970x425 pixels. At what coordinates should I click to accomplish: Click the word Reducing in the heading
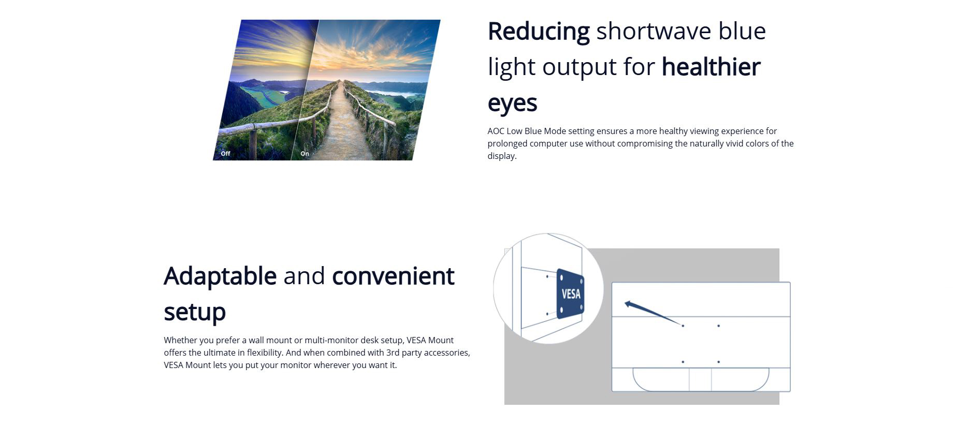(x=539, y=32)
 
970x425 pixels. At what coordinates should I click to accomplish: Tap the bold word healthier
(x=711, y=67)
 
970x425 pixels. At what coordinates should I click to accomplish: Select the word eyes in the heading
(x=512, y=104)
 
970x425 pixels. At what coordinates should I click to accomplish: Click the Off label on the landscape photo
(x=225, y=154)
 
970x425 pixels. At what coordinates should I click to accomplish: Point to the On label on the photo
(x=305, y=154)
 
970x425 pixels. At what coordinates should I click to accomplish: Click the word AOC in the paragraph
(x=496, y=131)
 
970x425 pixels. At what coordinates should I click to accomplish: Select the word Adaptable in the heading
(x=220, y=276)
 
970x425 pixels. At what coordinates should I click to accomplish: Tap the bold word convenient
(x=393, y=276)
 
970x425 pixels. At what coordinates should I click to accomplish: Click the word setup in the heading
(x=195, y=312)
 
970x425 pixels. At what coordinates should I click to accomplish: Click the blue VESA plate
(x=571, y=294)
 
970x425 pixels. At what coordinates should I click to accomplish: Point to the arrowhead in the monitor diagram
(x=629, y=304)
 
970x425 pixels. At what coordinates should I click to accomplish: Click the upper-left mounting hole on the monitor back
(x=683, y=326)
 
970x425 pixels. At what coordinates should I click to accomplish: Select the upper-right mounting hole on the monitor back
(x=718, y=326)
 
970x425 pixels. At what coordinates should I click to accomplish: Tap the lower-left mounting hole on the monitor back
(x=683, y=362)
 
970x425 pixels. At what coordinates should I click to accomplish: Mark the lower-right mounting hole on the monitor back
(x=718, y=362)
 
